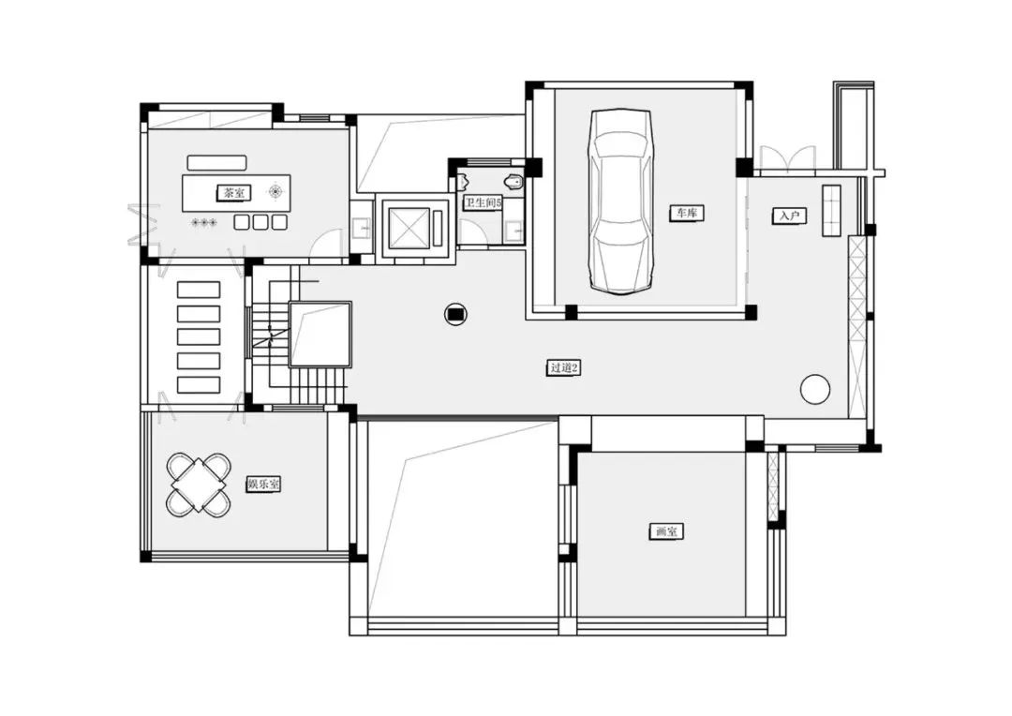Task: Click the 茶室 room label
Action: pos(233,192)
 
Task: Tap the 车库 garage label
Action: pos(686,213)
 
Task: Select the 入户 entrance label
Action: pos(789,216)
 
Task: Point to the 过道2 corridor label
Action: pos(563,368)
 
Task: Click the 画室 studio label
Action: pos(665,532)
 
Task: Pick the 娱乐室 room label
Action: pos(263,484)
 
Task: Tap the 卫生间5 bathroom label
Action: pos(483,202)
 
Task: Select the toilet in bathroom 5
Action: pos(514,182)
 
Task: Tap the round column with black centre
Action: pos(455,314)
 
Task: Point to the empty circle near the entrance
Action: pos(815,389)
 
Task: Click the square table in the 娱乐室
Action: pos(200,485)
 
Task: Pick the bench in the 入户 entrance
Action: pos(830,211)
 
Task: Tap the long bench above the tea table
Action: pos(216,162)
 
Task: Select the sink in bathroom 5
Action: pos(513,231)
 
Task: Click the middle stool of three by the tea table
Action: pos(260,222)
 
